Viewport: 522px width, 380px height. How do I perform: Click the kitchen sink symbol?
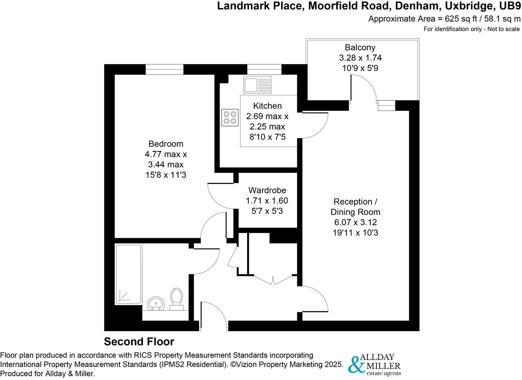point(257,85)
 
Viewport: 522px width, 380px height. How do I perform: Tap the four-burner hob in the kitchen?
point(229,118)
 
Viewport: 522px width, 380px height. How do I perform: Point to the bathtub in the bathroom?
point(128,274)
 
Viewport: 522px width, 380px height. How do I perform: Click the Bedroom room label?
point(166,144)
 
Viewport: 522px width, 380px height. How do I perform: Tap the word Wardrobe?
point(267,190)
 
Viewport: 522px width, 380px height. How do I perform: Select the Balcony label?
point(360,47)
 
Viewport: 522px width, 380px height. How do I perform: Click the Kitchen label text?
point(267,106)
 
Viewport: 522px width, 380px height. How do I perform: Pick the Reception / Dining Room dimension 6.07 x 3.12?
point(355,223)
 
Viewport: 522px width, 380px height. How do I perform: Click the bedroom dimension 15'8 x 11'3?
point(166,175)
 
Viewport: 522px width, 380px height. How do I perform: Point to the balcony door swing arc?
point(365,89)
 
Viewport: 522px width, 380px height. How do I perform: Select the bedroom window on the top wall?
point(164,69)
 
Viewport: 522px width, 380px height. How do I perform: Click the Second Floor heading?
point(139,342)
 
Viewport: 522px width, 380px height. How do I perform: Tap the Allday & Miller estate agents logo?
point(374,364)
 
